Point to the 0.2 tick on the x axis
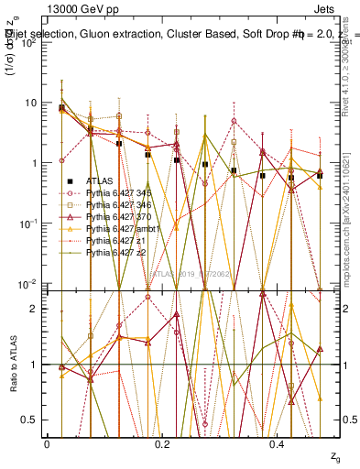[162, 442]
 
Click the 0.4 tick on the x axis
[278, 442]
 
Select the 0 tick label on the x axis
[47, 442]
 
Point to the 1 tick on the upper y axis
[32, 163]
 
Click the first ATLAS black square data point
[61, 108]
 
